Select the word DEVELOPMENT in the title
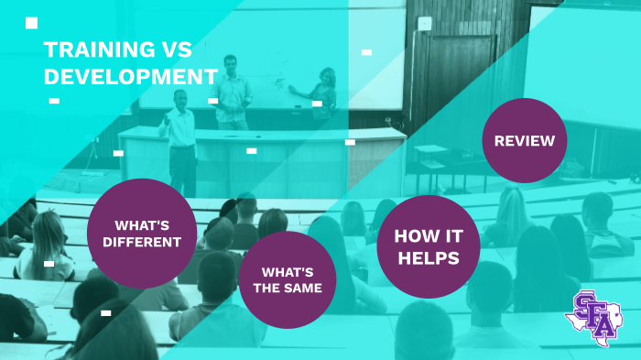131,77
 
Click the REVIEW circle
525,141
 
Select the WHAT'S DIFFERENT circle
142,234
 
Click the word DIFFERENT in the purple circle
142,243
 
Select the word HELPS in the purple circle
429,259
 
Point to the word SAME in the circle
306,288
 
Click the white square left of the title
32,23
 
